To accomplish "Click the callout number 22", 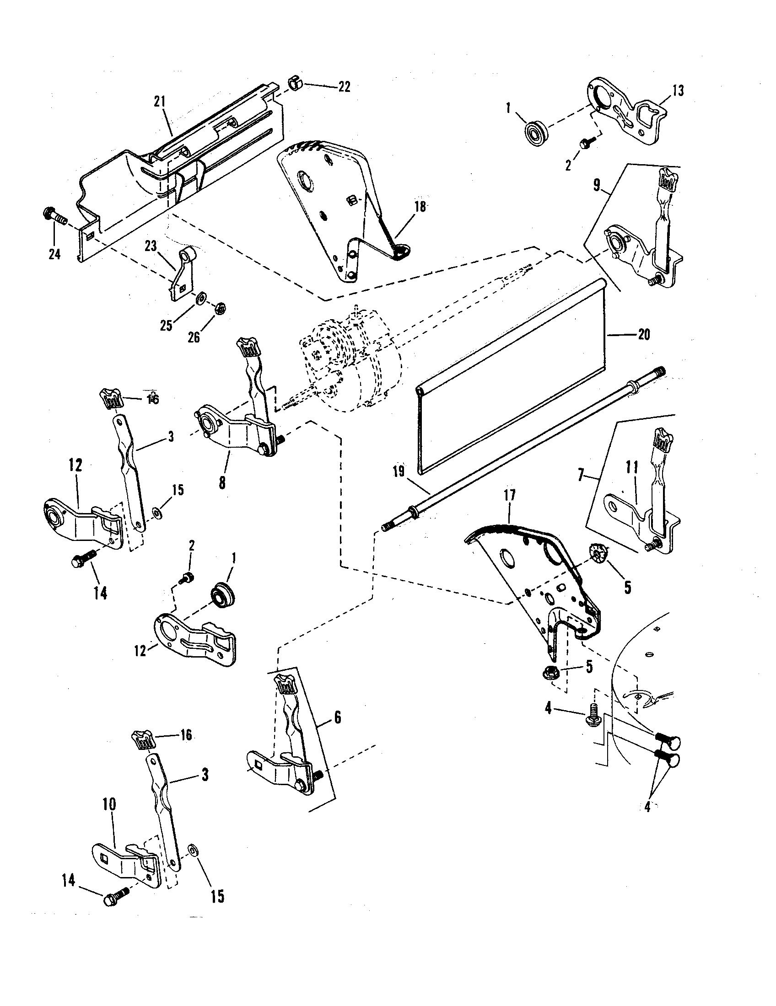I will coord(345,86).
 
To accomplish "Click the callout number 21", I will coord(159,102).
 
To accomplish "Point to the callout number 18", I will coord(420,207).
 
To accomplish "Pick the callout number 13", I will coord(677,91).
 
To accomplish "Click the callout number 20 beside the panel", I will coord(644,334).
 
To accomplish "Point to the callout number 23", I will coord(151,247).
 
